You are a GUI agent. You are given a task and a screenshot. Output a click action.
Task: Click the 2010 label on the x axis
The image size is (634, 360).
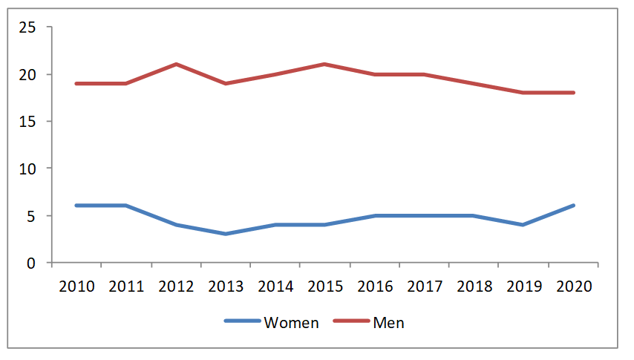76,287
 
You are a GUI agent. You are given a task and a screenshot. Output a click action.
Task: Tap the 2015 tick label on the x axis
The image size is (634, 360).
325,287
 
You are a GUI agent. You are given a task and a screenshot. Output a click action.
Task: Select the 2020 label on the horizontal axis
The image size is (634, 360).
573,287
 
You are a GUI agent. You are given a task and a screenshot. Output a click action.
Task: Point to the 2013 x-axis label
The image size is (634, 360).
226,287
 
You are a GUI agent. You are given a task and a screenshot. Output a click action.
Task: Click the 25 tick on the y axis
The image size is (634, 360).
27,27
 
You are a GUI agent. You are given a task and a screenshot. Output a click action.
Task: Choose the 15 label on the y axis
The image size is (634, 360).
27,122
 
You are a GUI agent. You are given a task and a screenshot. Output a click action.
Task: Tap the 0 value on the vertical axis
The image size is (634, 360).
31,263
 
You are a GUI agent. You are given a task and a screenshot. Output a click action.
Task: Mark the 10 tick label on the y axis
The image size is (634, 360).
27,168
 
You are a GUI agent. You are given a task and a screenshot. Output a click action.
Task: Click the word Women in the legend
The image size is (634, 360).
291,323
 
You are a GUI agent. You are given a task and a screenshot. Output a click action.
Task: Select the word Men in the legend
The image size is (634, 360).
388,323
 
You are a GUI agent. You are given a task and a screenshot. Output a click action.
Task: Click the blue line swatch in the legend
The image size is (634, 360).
242,322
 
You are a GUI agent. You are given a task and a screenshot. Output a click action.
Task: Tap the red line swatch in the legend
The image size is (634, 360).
350,322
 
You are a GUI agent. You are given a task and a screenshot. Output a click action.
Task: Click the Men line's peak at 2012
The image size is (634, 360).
176,65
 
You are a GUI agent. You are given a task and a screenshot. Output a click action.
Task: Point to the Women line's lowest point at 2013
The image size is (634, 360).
226,234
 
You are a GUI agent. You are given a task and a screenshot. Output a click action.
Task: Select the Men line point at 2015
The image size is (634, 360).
325,65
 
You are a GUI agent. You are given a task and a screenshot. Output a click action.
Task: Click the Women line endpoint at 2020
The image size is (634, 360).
573,206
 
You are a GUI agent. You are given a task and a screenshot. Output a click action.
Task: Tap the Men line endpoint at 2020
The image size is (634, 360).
573,93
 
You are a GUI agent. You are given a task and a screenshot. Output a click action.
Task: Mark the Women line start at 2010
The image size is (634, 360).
76,206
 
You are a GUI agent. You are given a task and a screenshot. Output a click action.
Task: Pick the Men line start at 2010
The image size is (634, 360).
76,83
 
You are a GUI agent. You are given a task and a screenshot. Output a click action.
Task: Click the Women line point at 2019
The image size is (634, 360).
523,224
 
